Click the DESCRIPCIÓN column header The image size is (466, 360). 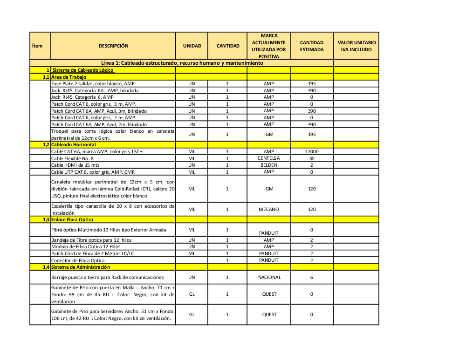(113, 46)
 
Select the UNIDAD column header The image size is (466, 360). (192, 46)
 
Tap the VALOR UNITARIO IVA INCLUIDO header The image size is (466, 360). (356, 46)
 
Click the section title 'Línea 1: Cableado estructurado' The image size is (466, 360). (182, 63)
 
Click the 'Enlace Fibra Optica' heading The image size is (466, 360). (72, 219)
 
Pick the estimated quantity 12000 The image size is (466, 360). (312, 152)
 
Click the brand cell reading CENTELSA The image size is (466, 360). (269, 158)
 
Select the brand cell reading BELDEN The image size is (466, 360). (269, 165)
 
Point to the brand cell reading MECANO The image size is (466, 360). (269, 209)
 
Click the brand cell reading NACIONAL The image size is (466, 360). (269, 277)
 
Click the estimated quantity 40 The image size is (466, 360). (312, 158)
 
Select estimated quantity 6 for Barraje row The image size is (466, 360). (312, 277)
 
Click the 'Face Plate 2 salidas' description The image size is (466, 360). (93, 84)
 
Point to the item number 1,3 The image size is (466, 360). (46, 219)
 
